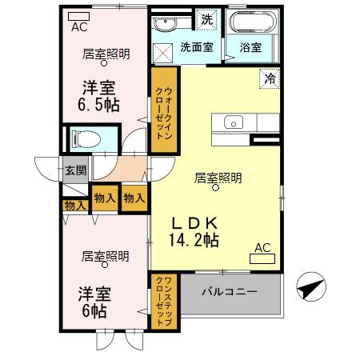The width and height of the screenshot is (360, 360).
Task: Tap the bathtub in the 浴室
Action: [x=251, y=22]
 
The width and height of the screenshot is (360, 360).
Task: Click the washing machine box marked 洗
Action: [x=207, y=18]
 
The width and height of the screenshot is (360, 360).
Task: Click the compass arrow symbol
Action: [x=310, y=286]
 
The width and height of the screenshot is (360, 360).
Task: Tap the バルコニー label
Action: [x=229, y=292]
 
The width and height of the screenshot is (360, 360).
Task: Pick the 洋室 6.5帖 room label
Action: [x=98, y=96]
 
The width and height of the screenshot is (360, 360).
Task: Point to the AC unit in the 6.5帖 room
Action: [x=78, y=16]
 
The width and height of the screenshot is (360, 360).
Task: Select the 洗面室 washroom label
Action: [x=196, y=46]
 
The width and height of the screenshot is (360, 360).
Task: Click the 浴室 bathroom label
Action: [x=250, y=47]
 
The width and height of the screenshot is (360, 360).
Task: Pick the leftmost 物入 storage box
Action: [x=74, y=206]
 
